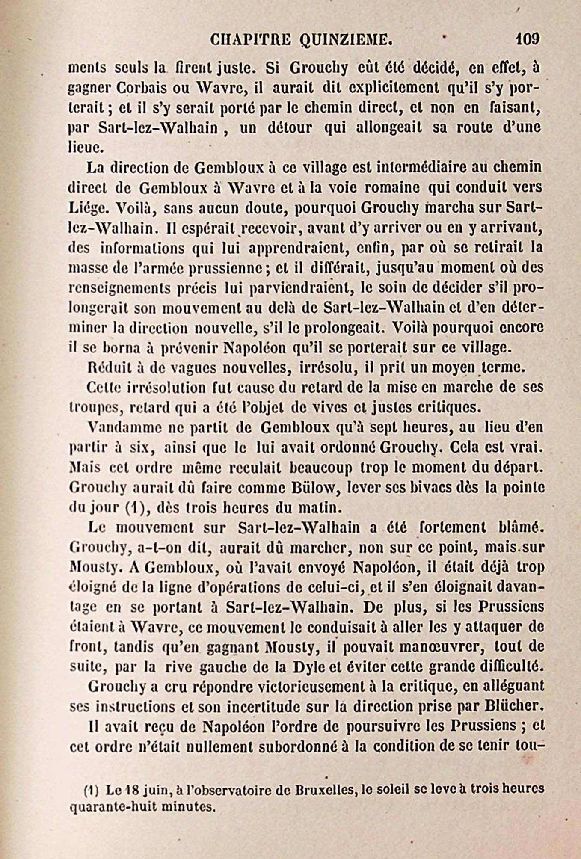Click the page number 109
[x=528, y=39]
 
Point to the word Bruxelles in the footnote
[x=327, y=788]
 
